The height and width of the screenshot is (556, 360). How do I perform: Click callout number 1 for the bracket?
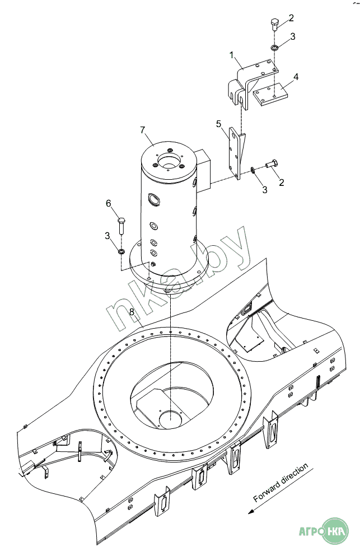tap(232, 55)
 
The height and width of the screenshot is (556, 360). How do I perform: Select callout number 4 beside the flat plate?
tap(296, 77)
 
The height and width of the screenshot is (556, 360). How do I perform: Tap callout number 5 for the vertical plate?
tap(218, 124)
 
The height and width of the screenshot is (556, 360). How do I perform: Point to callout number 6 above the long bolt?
tap(109, 203)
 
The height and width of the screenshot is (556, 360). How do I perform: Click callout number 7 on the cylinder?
tap(143, 130)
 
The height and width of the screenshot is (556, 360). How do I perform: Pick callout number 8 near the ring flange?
tap(132, 312)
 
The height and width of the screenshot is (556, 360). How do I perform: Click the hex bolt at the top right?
tap(274, 24)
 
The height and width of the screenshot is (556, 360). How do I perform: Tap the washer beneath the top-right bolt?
tap(274, 47)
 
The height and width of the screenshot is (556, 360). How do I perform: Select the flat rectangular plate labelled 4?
tap(270, 94)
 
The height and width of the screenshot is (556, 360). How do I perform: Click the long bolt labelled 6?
tap(120, 225)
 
